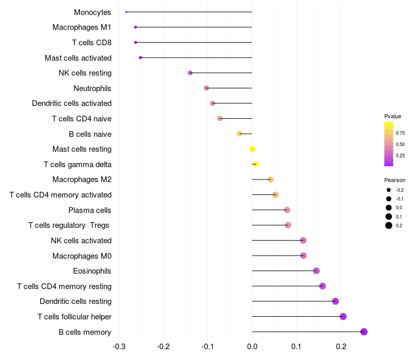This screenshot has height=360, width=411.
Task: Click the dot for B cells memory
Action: [364, 332]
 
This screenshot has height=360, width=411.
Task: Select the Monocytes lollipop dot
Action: [126, 12]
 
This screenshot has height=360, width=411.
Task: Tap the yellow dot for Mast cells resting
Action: [252, 149]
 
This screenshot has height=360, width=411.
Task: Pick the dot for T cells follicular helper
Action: [343, 316]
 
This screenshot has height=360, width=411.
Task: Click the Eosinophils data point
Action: [316, 271]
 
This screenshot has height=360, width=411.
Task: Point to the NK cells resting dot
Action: [190, 73]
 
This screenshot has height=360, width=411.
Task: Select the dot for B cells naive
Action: [239, 134]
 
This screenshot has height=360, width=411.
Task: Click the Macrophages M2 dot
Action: [271, 179]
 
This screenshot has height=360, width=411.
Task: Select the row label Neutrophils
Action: [92, 88]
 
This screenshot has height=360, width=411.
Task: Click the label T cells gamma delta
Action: [78, 165]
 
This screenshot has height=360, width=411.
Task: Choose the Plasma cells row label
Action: [90, 210]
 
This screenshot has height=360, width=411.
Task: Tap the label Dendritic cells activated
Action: [72, 103]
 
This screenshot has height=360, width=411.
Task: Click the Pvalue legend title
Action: [393, 116]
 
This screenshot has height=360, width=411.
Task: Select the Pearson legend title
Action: [395, 180]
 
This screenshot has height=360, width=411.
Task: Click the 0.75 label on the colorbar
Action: [400, 133]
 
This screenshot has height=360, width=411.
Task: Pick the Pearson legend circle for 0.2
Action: [389, 225]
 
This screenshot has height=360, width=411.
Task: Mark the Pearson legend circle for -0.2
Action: [389, 190]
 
